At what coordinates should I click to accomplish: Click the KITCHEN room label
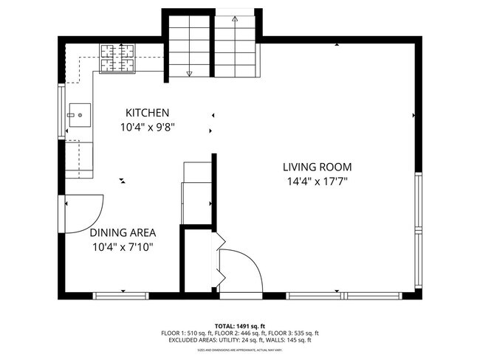click(x=147, y=113)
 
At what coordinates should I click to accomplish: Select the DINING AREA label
click(x=122, y=232)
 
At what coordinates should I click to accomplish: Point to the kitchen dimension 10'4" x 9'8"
click(x=147, y=127)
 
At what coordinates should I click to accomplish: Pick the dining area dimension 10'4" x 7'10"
click(x=122, y=247)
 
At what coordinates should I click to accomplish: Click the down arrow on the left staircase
click(x=189, y=72)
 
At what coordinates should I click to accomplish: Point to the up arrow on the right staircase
click(x=235, y=19)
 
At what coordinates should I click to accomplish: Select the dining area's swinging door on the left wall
click(x=83, y=212)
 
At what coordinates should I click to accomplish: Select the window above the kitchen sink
click(x=61, y=112)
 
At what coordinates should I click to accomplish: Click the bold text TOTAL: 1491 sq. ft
click(x=239, y=326)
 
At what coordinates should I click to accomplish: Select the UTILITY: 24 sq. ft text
click(x=234, y=340)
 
